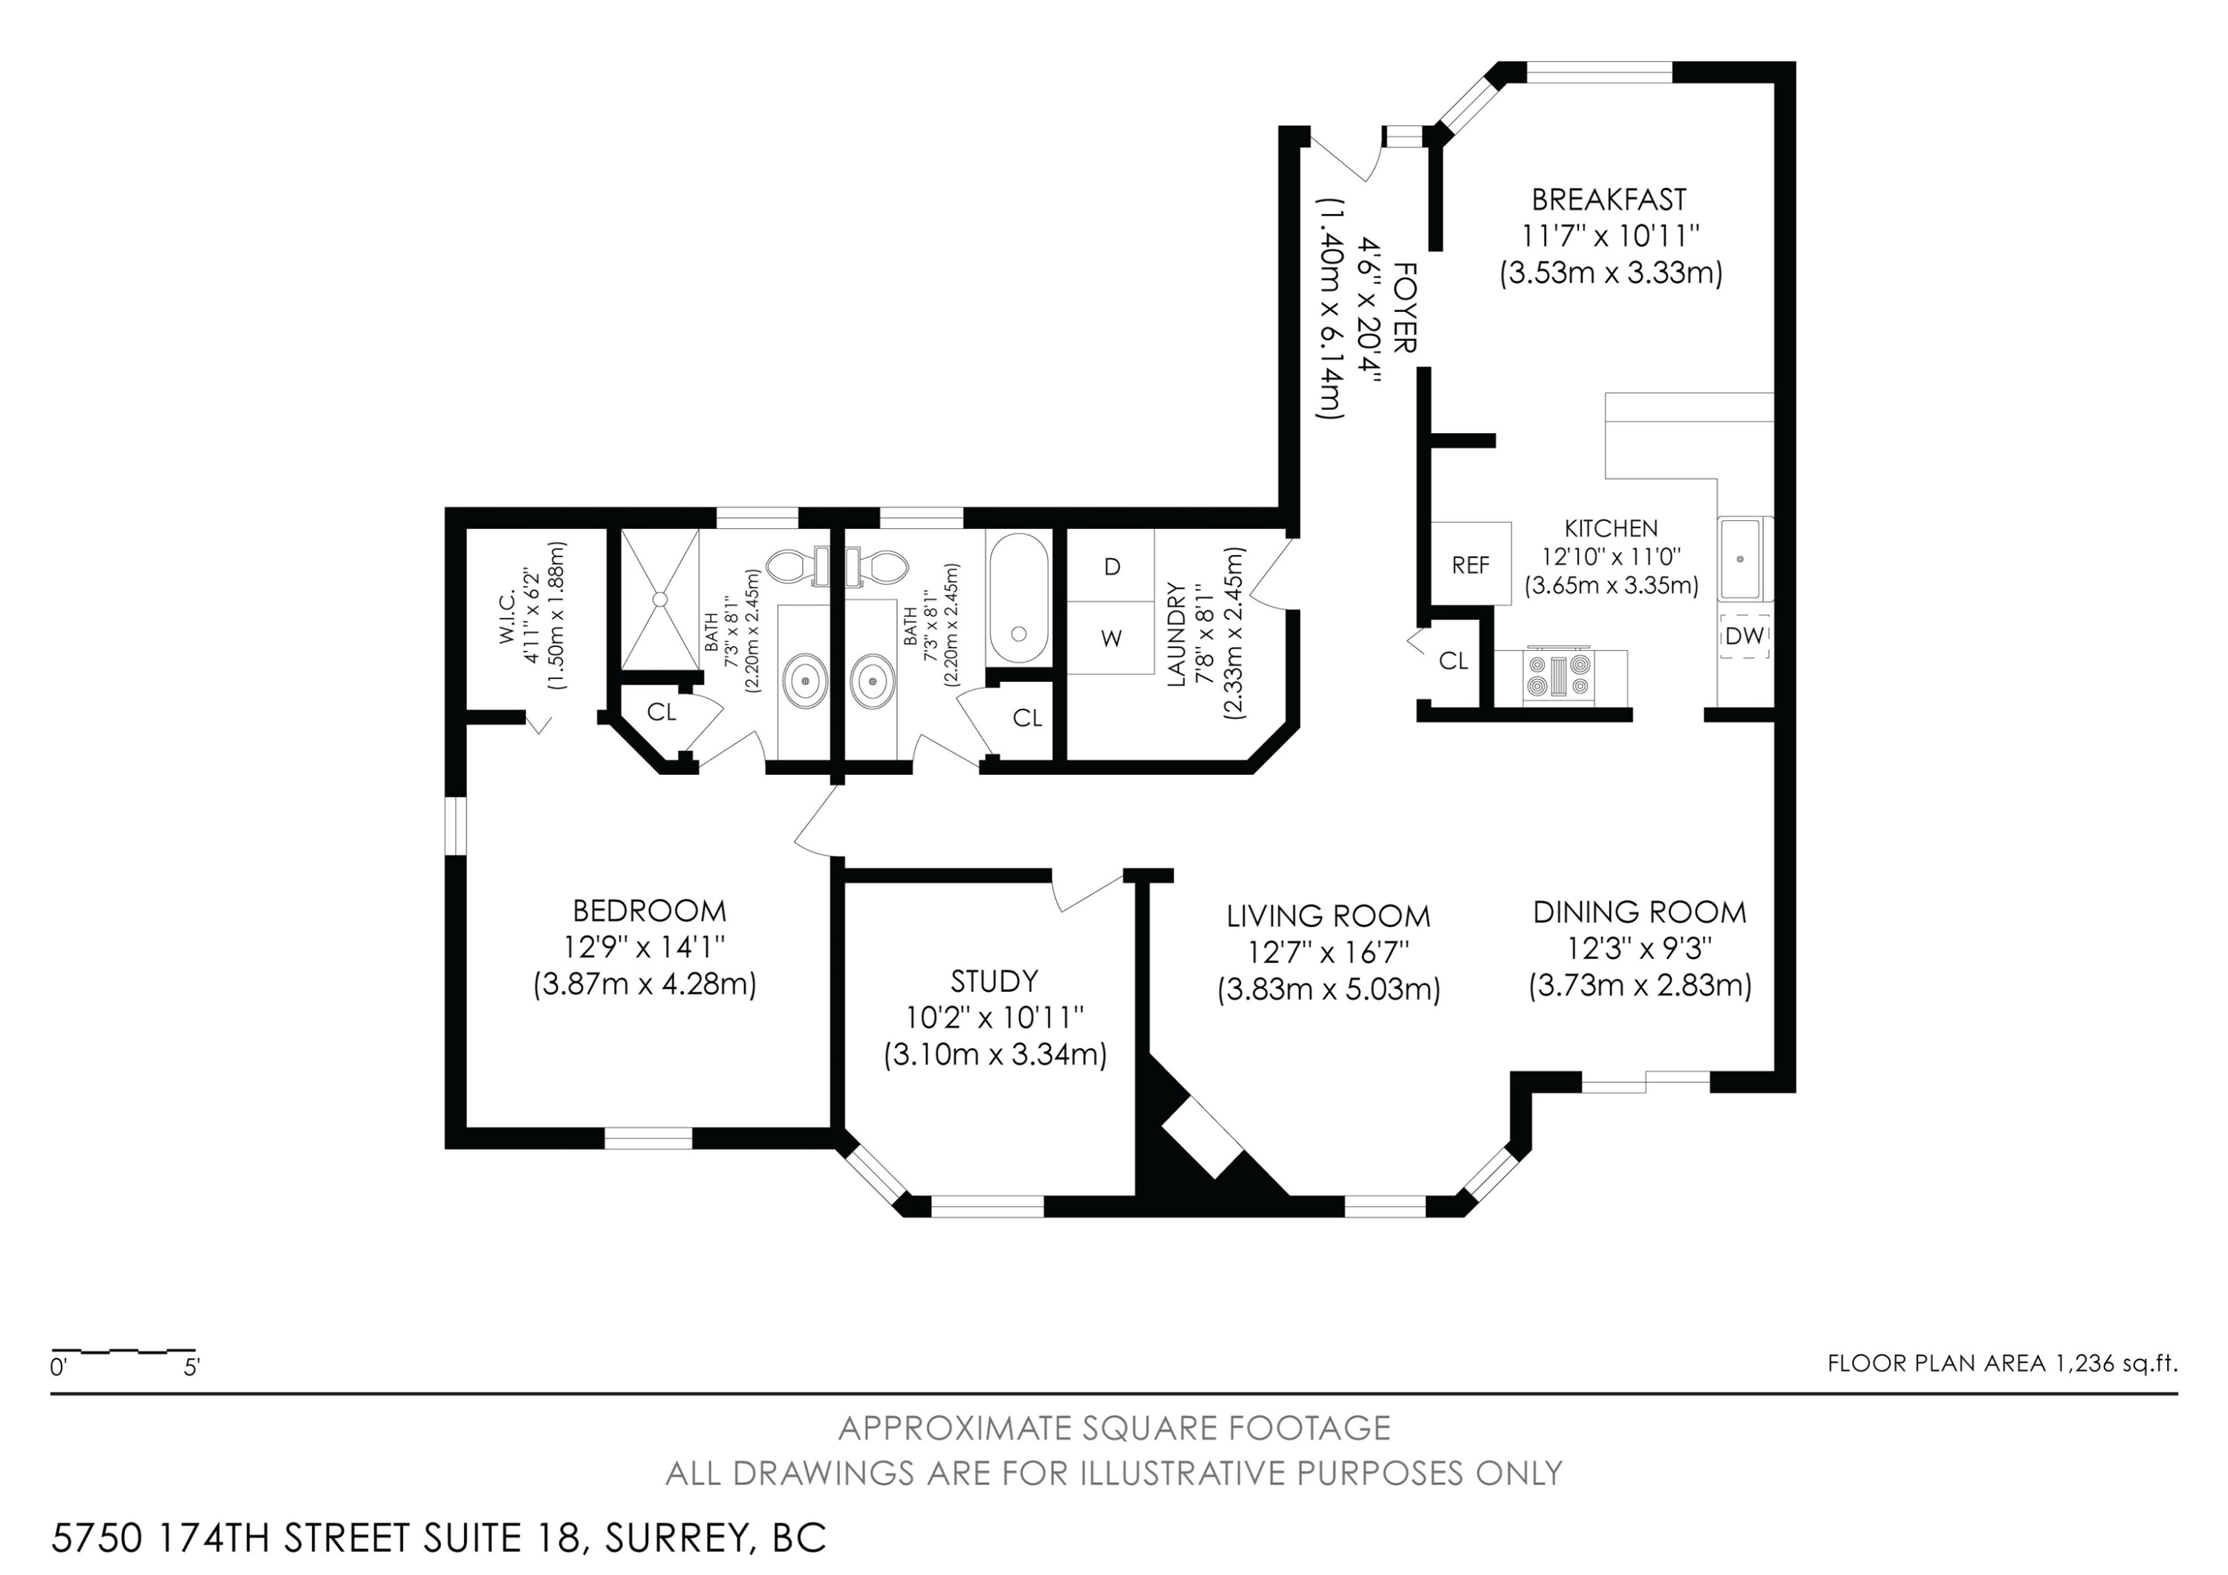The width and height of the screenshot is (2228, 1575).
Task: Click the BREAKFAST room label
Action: click(1609, 200)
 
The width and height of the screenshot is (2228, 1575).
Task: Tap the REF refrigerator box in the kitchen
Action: click(1470, 565)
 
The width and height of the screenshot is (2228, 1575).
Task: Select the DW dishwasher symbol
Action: click(1744, 637)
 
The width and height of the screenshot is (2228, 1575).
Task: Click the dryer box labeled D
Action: click(1112, 567)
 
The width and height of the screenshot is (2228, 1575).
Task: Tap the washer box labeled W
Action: click(1112, 638)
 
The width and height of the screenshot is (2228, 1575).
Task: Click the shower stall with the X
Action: click(660, 599)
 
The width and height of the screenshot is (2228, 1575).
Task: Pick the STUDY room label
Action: click(994, 981)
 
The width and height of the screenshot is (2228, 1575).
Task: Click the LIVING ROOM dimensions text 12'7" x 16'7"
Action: click(1329, 953)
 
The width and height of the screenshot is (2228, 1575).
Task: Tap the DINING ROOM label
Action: click(1639, 912)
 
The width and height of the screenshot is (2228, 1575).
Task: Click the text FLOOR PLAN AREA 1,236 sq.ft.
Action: click(2002, 1363)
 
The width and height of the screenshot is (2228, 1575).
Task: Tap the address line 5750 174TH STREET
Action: click(439, 1538)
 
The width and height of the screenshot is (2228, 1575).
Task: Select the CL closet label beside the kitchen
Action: click(1453, 661)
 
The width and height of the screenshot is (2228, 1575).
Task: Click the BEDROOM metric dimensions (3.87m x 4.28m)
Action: click(645, 984)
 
